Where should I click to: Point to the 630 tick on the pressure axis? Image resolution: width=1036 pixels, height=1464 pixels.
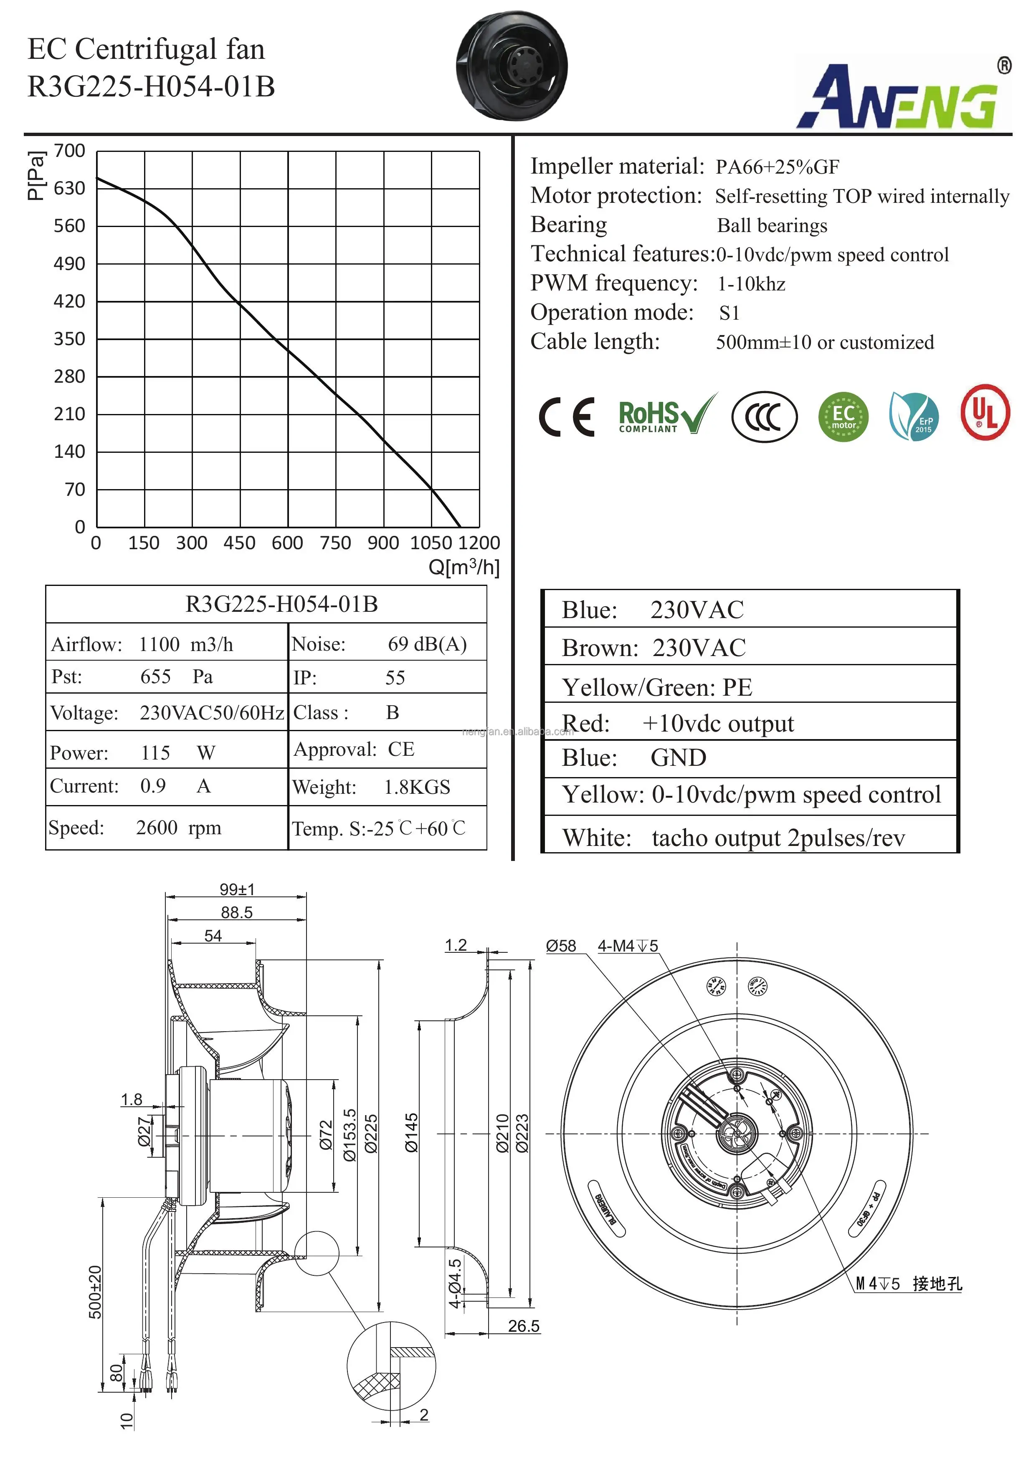(70, 189)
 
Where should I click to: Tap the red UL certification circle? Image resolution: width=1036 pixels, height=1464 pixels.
(985, 413)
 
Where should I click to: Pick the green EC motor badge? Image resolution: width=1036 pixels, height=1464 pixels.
(843, 417)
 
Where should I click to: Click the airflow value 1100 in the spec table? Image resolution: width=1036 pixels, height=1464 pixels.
(160, 645)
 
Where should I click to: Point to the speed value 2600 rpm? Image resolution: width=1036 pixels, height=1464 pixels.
(179, 828)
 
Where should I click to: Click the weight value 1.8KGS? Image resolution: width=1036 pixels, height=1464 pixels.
(417, 788)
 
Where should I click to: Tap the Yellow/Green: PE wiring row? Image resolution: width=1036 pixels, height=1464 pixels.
(657, 687)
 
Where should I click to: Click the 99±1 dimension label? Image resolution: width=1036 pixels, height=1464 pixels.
(237, 889)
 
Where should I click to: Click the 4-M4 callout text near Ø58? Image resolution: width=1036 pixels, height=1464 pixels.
(628, 946)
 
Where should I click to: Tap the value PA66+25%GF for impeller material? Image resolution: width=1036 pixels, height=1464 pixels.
(777, 167)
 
